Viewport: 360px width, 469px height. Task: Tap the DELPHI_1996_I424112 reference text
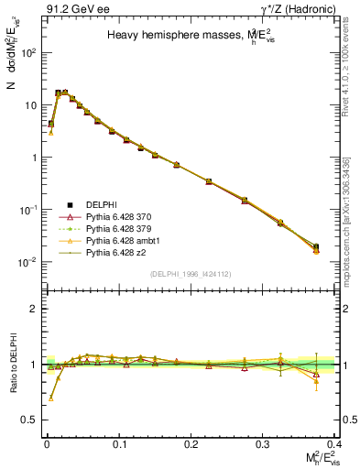point(189,274)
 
